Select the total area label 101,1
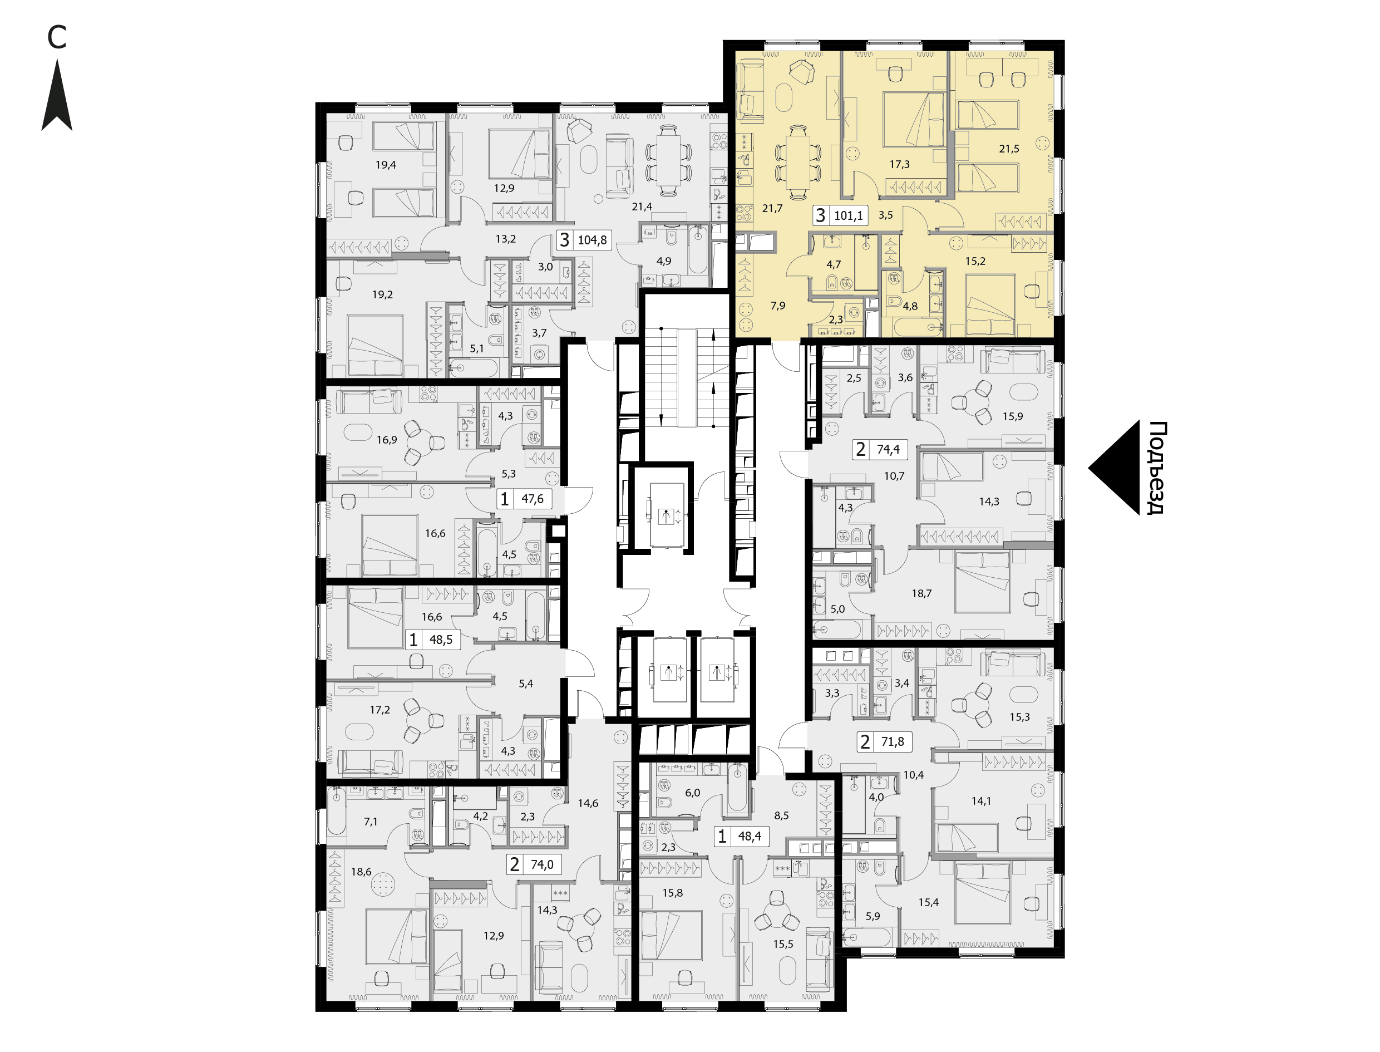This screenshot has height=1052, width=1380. tap(848, 216)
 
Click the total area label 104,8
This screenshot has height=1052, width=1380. tap(592, 240)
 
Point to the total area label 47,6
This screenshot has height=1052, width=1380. tap(532, 499)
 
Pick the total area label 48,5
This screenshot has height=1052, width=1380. tap(441, 640)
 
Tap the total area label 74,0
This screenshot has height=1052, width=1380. tap(541, 865)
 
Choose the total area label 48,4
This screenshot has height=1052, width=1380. tap(749, 836)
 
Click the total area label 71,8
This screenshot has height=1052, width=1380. tap(892, 742)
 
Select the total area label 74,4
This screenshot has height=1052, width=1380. tap(888, 449)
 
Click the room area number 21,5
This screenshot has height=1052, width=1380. tap(1009, 149)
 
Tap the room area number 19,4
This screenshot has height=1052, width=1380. tap(386, 165)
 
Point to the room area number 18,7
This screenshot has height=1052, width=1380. tap(921, 593)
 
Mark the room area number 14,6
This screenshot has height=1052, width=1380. tap(588, 803)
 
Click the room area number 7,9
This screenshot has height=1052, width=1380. tap(778, 306)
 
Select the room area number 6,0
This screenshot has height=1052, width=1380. tap(692, 793)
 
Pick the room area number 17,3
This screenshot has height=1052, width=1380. tap(899, 165)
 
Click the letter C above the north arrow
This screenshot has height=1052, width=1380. tap(57, 38)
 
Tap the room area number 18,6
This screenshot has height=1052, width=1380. tap(361, 872)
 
